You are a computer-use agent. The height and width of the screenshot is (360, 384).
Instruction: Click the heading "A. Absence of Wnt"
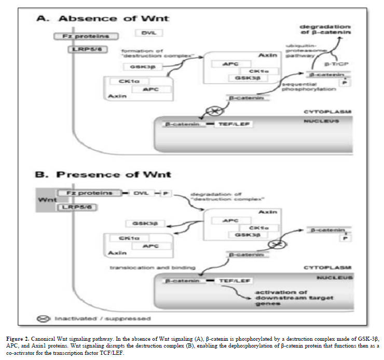tap(102, 19)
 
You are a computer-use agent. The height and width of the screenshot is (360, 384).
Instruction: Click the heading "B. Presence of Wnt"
tap(103, 175)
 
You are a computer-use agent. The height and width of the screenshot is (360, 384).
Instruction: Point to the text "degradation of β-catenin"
tap(325, 29)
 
